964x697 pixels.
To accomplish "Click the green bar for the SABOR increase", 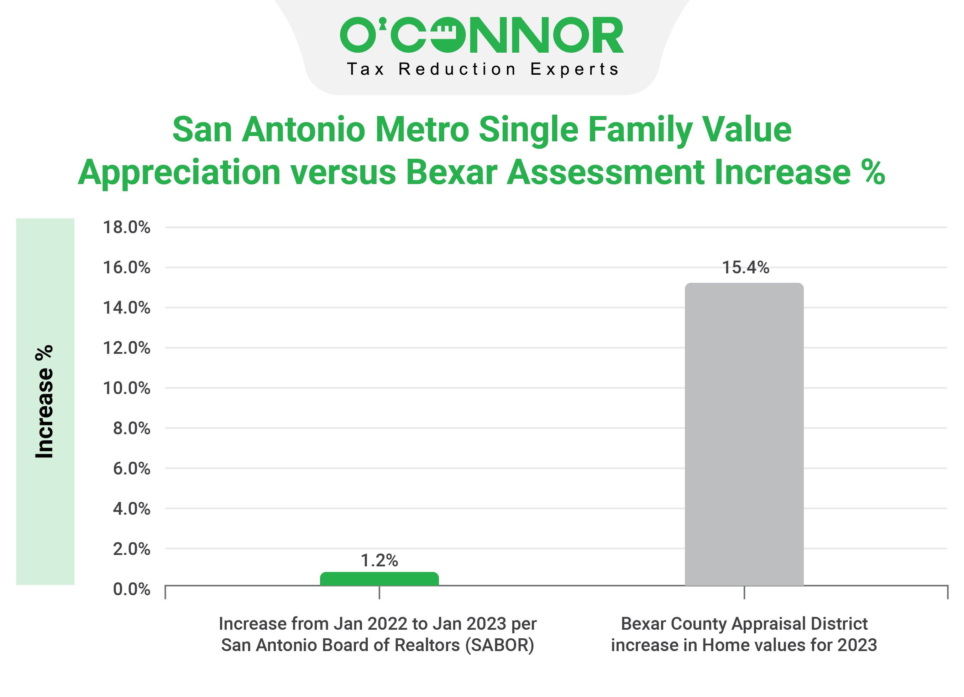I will pyautogui.click(x=379, y=579).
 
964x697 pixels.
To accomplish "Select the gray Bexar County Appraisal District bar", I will pyautogui.click(x=744, y=434).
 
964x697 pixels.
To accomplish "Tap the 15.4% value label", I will pyautogui.click(x=745, y=268).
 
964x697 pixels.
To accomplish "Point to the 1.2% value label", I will pyautogui.click(x=379, y=561).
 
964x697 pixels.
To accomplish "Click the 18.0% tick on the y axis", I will pyautogui.click(x=127, y=227).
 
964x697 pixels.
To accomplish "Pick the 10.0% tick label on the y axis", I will pyautogui.click(x=127, y=388).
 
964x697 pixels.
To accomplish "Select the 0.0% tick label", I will pyautogui.click(x=131, y=589).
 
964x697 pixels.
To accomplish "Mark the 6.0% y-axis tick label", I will pyautogui.click(x=131, y=468).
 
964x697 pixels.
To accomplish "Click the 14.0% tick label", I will pyautogui.click(x=127, y=308).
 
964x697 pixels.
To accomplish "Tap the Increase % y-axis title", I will pyautogui.click(x=44, y=402).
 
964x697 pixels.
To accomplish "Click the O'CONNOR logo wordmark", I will pyautogui.click(x=482, y=35).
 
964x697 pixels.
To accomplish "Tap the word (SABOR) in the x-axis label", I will pyautogui.click(x=499, y=645).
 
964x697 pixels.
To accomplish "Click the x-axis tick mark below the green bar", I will pyautogui.click(x=379, y=592).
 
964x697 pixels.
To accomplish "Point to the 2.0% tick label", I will pyautogui.click(x=131, y=549).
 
